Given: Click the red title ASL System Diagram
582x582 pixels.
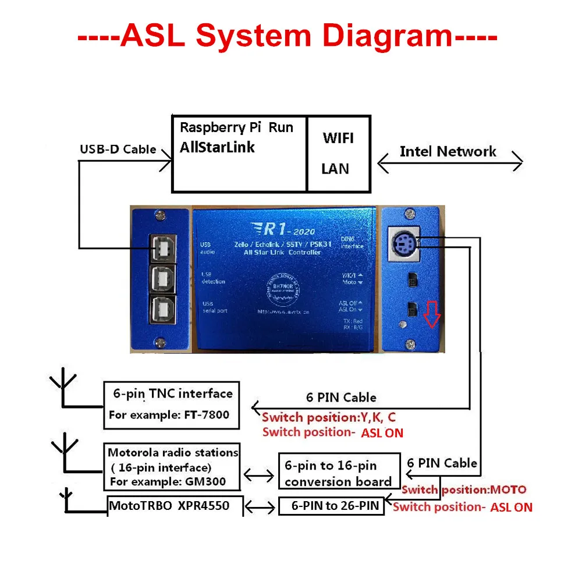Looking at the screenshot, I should [x=288, y=36].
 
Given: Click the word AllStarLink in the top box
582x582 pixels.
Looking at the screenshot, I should [x=217, y=147].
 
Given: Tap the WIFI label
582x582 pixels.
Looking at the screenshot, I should [x=338, y=139].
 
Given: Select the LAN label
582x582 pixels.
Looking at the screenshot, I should [x=335, y=169].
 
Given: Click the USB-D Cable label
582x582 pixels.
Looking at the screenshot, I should [x=118, y=150].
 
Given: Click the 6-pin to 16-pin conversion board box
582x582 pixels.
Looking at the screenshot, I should [x=339, y=473].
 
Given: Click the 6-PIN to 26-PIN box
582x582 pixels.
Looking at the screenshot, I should [x=332, y=506].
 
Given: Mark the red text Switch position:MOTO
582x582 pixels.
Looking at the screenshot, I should [x=464, y=489].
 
